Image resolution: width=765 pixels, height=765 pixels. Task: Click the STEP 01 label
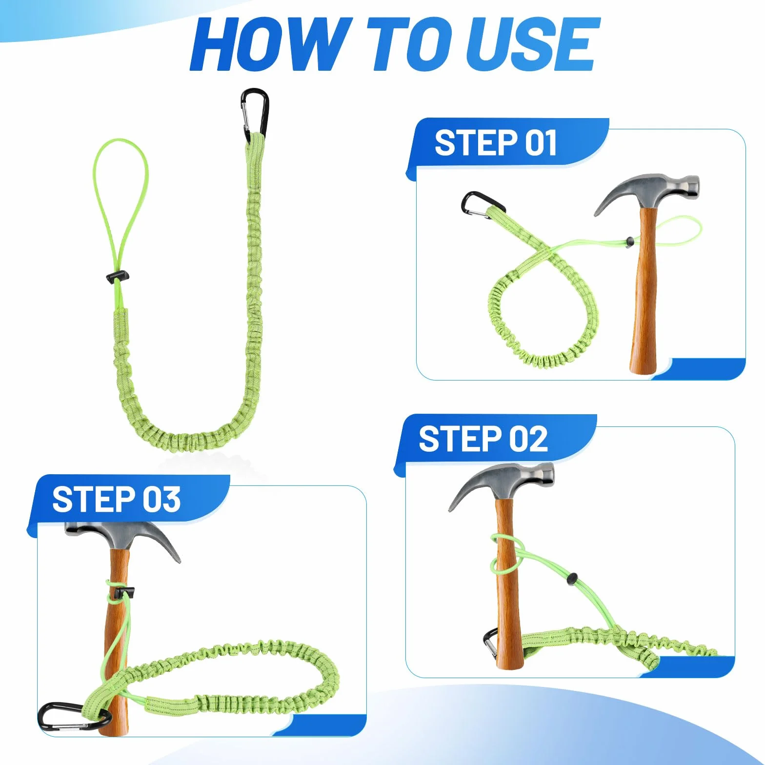tap(495, 143)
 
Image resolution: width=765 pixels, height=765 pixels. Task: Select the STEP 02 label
tap(483, 438)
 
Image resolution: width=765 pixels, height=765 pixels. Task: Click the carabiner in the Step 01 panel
tap(482, 205)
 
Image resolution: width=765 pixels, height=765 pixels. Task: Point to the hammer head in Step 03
tap(123, 538)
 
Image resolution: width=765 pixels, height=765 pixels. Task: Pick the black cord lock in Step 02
tap(572, 579)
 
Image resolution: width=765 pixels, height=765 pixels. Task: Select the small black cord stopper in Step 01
tap(630, 240)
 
